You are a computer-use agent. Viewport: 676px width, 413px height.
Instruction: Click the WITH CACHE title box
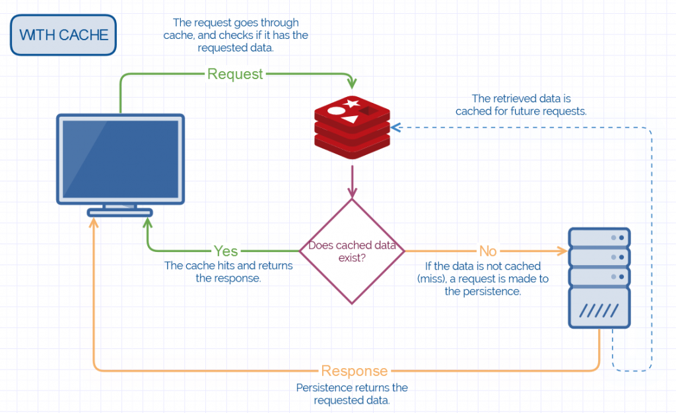pyautogui.click(x=63, y=36)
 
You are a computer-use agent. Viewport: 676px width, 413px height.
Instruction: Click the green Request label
pyautogui.click(x=235, y=74)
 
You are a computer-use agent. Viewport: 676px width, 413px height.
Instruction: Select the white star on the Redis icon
pyautogui.click(x=352, y=104)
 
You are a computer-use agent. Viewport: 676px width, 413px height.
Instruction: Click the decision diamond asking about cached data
pyautogui.click(x=352, y=251)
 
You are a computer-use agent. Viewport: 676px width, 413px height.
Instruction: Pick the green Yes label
pyautogui.click(x=226, y=251)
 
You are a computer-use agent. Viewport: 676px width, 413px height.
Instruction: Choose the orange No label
pyautogui.click(x=487, y=251)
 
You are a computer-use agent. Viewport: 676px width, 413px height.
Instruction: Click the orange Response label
pyautogui.click(x=355, y=370)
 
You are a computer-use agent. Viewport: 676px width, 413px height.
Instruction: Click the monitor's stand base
pyautogui.click(x=120, y=212)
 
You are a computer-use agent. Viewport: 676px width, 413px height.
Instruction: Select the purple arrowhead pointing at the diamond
pyautogui.click(x=352, y=193)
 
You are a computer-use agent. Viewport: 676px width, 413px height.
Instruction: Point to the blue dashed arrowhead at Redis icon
pyautogui.click(x=395, y=127)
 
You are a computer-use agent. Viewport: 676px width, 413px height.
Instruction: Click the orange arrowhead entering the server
pyautogui.click(x=562, y=251)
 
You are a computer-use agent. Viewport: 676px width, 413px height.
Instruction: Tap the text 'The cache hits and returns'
pyautogui.click(x=228, y=266)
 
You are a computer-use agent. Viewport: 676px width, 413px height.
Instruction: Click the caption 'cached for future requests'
pyautogui.click(x=521, y=111)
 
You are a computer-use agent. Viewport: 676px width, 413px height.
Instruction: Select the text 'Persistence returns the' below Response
pyautogui.click(x=352, y=387)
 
